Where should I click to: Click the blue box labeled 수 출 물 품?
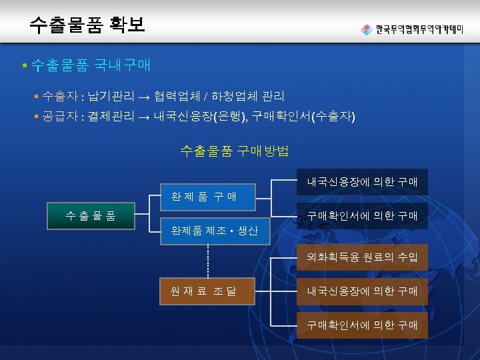tap(90, 215)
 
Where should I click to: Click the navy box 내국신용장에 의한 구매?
tap(362, 181)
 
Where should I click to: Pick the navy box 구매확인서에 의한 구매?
tap(362, 215)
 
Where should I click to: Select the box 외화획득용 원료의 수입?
tap(362, 256)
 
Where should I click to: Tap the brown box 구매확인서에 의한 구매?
tap(362, 325)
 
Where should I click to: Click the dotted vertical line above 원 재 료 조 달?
tap(209, 261)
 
